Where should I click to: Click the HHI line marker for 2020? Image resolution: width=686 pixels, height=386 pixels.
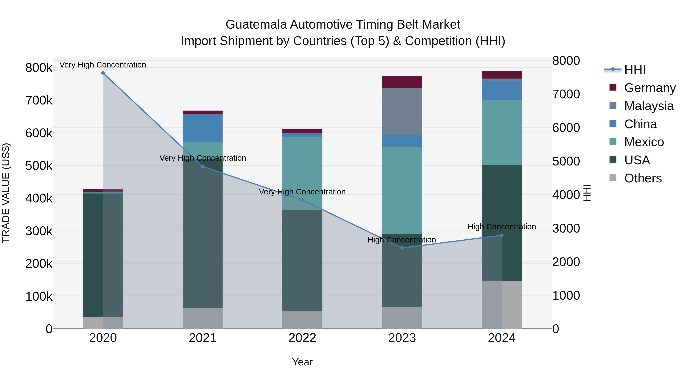103,73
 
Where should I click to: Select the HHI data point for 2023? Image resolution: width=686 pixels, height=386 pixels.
402,248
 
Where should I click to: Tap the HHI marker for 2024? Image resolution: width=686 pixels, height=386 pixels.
502,235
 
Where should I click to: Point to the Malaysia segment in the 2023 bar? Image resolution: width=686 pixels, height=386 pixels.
402,111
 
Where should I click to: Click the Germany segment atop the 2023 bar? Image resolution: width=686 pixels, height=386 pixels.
402,82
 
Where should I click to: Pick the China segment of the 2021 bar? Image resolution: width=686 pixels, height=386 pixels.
203,128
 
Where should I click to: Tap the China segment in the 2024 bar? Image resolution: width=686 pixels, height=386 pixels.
502,90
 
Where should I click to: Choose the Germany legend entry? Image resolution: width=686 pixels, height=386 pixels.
650,88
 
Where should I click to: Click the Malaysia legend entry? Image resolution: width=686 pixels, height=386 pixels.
649,106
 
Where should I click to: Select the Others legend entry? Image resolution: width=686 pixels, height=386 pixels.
643,178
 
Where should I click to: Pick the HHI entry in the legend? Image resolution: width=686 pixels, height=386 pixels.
635,70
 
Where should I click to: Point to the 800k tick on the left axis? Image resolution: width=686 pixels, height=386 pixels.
39,68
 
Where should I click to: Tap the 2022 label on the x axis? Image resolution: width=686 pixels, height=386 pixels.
302,338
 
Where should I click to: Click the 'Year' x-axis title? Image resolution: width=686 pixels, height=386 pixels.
302,362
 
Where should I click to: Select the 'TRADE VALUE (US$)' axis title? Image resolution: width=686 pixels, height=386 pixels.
6,193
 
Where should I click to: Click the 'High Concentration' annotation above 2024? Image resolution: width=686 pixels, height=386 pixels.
502,227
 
